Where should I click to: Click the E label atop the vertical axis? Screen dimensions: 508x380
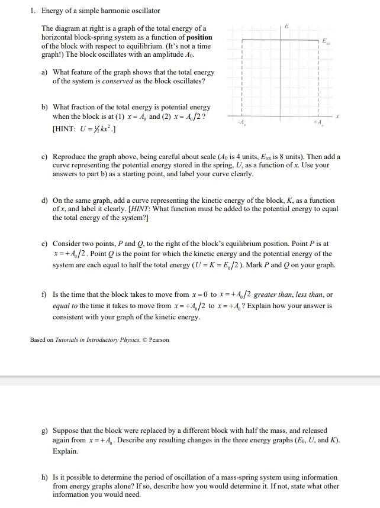[287, 26]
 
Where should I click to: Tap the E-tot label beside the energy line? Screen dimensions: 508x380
[325, 41]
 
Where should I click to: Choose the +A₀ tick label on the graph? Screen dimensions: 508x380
[318, 122]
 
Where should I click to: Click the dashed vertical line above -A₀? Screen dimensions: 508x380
[243, 77]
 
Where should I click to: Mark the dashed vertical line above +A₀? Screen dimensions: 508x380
[319, 77]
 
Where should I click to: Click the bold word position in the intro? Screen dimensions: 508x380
[199, 37]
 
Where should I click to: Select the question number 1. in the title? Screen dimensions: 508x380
[33, 11]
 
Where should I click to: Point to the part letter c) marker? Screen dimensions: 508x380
[44, 157]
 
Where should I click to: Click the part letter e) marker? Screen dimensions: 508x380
[44, 243]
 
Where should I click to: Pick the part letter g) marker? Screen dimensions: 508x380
[44, 431]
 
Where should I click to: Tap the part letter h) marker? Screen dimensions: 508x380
[44, 477]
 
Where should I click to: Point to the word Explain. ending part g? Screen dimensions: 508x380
[65, 451]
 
